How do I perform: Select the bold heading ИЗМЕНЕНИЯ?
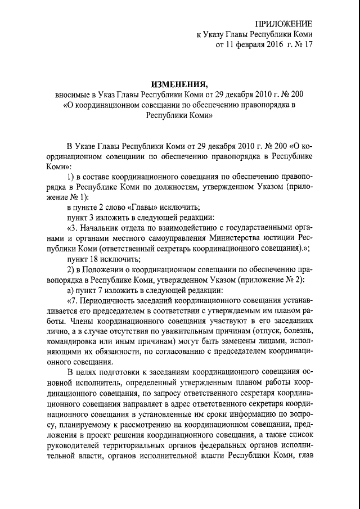click(179, 84)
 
